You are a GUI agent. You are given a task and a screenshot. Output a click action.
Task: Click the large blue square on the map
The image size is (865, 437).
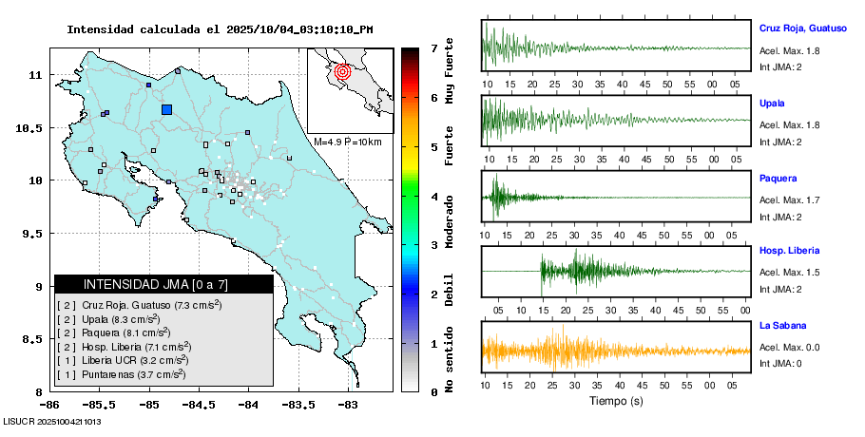click(x=167, y=110)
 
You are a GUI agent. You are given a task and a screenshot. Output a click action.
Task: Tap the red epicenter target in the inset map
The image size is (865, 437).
click(x=344, y=69)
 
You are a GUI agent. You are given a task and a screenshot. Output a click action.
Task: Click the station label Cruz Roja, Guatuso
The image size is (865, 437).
click(x=802, y=28)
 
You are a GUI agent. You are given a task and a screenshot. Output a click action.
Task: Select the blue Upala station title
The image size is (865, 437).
click(x=772, y=103)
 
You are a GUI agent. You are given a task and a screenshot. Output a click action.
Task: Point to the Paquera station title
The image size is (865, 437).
click(x=778, y=178)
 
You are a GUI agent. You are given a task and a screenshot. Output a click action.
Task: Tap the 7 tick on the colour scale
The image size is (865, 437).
click(x=433, y=47)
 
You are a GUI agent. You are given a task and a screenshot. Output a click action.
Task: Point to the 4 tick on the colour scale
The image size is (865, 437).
click(x=433, y=197)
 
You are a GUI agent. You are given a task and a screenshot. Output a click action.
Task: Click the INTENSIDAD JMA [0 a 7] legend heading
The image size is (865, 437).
click(x=163, y=284)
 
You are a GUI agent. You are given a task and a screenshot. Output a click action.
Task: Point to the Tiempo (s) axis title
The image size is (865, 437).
click(x=616, y=401)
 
